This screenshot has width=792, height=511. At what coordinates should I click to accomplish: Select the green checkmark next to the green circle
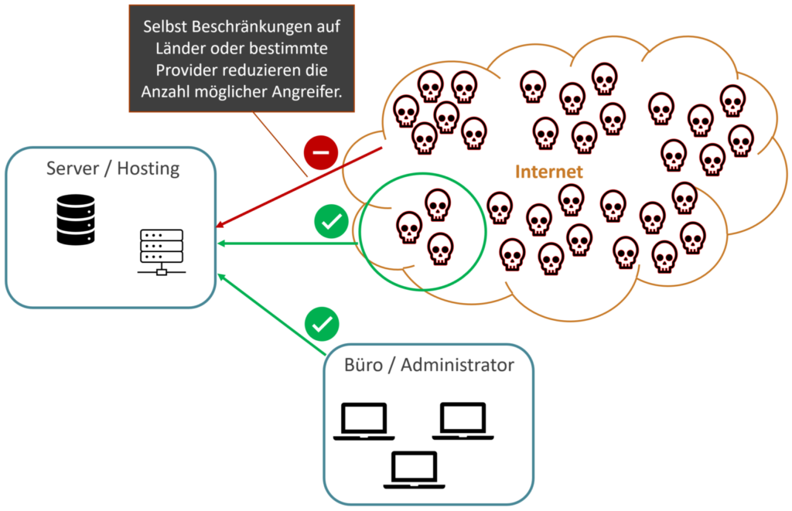[x=330, y=222]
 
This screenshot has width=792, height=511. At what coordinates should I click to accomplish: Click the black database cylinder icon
[x=76, y=220]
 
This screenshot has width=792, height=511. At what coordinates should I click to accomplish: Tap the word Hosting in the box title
[x=148, y=169]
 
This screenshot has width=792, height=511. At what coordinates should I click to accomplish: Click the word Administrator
[x=457, y=365]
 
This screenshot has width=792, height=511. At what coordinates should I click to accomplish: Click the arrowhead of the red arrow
[x=220, y=225]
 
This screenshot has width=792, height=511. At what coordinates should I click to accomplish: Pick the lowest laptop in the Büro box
[x=415, y=470]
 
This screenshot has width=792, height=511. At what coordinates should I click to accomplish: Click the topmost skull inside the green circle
[x=437, y=203]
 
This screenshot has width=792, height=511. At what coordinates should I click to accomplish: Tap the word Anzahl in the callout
[x=164, y=90]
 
